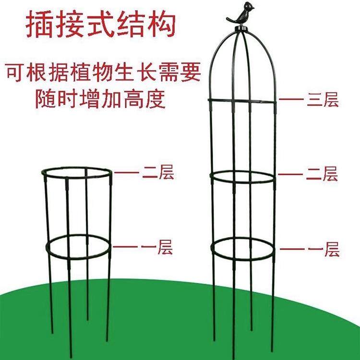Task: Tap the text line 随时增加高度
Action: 101,99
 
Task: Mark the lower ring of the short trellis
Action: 79,239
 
